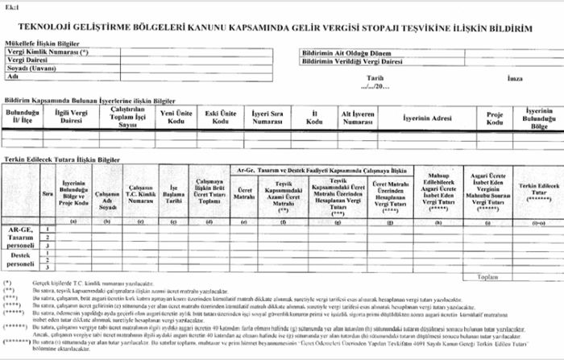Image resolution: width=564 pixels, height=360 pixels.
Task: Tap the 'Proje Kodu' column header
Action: pyautogui.click(x=495, y=119)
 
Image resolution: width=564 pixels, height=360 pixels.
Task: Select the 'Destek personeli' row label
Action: pyautogui.click(x=19, y=259)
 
